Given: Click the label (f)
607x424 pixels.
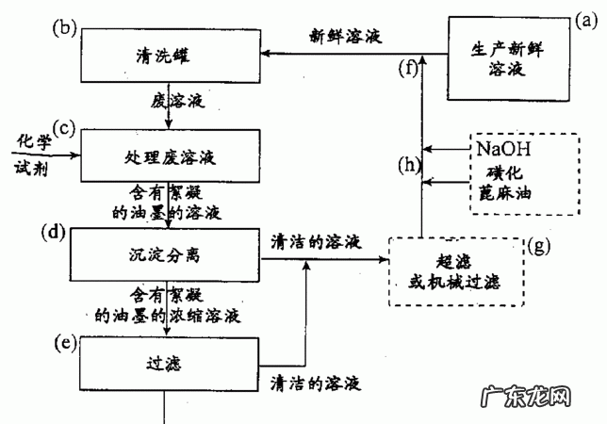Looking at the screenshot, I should [407, 68].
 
